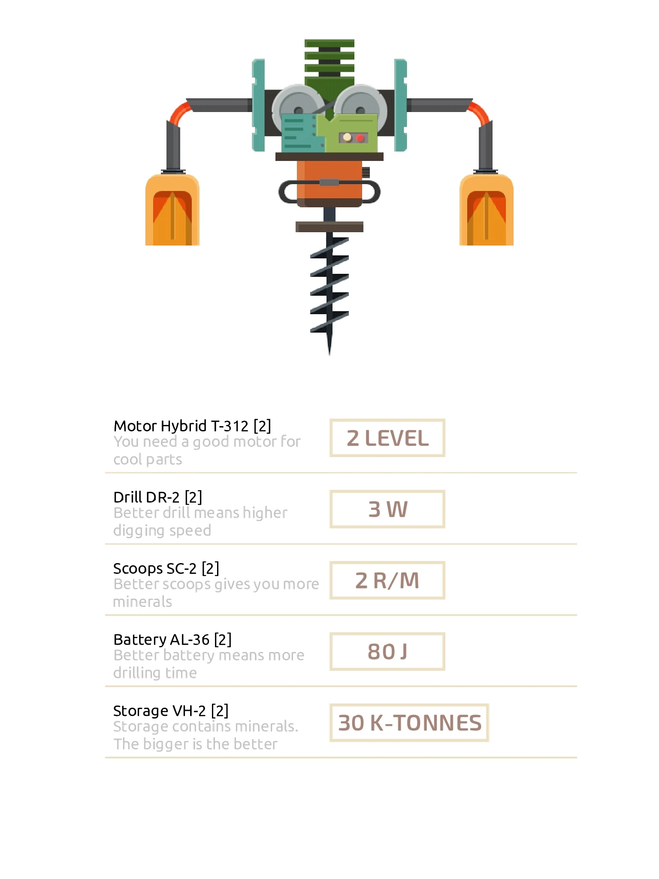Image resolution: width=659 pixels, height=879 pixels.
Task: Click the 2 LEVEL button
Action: (x=387, y=438)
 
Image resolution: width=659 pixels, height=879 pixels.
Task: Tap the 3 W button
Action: (x=387, y=509)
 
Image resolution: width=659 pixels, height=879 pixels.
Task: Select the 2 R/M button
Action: (x=387, y=580)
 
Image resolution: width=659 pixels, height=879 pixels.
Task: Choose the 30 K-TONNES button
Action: (x=409, y=723)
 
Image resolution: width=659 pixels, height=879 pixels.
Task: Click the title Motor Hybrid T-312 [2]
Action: (x=192, y=426)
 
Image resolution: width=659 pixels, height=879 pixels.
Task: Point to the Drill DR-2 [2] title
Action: (x=157, y=497)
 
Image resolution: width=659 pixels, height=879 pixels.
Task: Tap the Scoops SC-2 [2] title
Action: (x=166, y=568)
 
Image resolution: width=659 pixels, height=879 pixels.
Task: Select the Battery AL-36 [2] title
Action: (x=172, y=640)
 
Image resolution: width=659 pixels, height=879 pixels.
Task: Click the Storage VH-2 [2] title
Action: (x=171, y=711)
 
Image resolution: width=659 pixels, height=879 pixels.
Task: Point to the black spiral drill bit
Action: (x=329, y=292)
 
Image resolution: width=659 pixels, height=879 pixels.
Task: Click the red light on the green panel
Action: (x=360, y=138)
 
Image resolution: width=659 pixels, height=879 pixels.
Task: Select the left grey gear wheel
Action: (x=298, y=107)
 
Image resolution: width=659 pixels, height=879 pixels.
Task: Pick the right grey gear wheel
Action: (x=361, y=107)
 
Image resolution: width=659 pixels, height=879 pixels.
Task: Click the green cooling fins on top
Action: (x=329, y=62)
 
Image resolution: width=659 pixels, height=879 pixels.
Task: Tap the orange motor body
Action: (x=329, y=182)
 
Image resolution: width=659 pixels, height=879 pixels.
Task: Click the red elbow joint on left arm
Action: (x=180, y=112)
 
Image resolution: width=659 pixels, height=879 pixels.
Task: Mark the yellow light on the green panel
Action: (x=348, y=137)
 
